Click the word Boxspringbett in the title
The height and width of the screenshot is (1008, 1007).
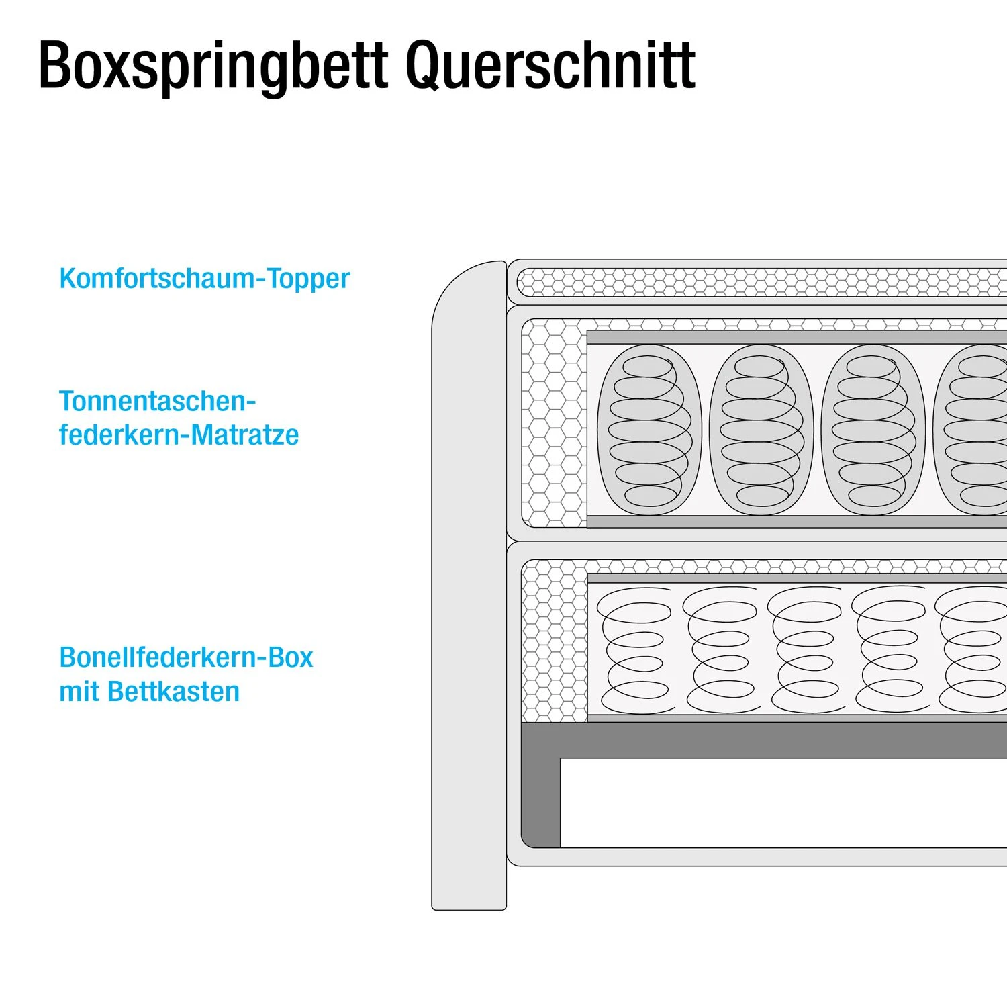click(x=213, y=65)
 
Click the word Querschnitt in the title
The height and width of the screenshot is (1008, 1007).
click(x=550, y=65)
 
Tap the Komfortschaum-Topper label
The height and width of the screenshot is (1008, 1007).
click(x=204, y=279)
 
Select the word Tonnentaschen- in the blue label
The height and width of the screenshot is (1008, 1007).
click(x=157, y=402)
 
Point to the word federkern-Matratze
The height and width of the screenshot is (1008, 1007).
click(x=179, y=435)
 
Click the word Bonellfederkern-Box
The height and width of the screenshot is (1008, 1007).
click(x=186, y=657)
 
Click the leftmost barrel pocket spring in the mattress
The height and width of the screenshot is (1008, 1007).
click(x=649, y=430)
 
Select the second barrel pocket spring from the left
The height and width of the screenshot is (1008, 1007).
click(x=761, y=430)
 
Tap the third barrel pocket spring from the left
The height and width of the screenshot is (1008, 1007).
click(x=873, y=430)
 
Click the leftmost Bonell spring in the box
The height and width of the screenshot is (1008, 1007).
click(x=635, y=650)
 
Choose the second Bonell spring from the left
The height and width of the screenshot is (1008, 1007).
click(x=720, y=650)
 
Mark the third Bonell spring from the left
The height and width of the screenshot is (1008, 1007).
click(x=804, y=650)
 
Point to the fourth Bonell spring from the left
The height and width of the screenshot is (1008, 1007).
click(x=889, y=650)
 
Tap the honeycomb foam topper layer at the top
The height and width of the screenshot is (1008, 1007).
click(x=759, y=283)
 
